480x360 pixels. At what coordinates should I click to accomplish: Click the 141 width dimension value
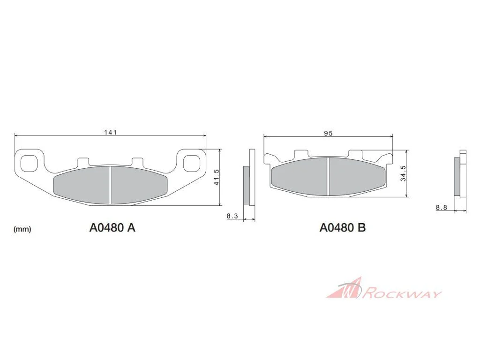[x=111, y=132]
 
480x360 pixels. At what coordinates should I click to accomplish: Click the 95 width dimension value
[x=328, y=133]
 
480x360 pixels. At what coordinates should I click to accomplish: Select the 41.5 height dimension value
[x=217, y=177]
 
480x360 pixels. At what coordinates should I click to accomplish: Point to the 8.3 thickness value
[x=232, y=216]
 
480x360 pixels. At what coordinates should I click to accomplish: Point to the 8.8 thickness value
[x=442, y=208]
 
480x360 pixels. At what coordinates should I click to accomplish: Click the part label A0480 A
[x=112, y=228]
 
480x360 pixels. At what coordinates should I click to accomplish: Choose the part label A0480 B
[x=343, y=228]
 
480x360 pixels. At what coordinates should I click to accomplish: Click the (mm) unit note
[x=22, y=229]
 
